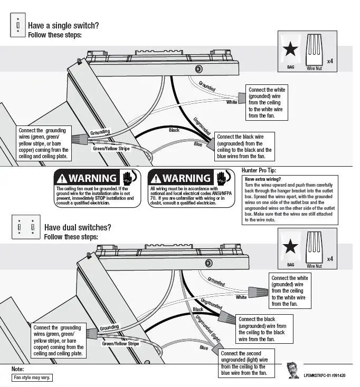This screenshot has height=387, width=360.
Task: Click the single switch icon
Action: (17, 25)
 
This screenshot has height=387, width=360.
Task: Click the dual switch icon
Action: (26, 227)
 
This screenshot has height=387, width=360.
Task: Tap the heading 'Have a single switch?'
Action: (63, 25)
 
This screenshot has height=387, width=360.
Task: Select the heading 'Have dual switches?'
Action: (78, 227)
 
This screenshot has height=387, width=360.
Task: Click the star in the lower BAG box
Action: (290, 247)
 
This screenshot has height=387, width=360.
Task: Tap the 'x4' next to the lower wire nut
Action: (330, 259)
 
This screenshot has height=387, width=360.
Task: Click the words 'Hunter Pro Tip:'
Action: (259, 171)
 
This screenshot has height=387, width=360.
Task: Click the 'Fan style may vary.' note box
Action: (32, 378)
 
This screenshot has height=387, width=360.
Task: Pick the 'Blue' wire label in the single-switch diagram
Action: (198, 144)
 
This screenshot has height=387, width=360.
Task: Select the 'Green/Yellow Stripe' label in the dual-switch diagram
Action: (120, 344)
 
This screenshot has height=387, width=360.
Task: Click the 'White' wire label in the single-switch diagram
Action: (232, 102)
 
